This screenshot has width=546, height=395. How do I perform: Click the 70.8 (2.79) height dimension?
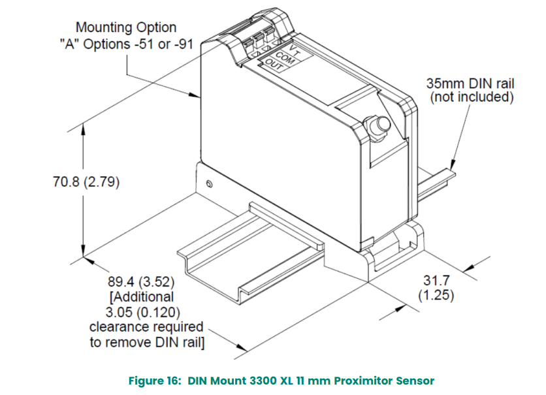[86, 182]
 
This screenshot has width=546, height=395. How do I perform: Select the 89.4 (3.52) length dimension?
[141, 282]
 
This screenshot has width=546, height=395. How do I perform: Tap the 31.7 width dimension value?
[436, 280]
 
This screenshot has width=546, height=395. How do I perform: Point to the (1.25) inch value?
[436, 294]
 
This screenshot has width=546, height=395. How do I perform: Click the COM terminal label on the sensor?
[285, 57]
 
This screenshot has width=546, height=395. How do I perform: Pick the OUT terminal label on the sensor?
[274, 65]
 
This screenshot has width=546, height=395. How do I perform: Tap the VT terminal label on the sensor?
[295, 50]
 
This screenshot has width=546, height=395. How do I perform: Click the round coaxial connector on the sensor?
[376, 127]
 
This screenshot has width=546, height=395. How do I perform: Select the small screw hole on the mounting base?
[209, 183]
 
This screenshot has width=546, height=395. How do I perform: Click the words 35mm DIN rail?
[470, 84]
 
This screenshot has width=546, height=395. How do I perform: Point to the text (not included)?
[472, 97]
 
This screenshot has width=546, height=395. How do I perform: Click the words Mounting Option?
[126, 27]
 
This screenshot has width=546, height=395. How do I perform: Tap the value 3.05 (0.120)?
[143, 312]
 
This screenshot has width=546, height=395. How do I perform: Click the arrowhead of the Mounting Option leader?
[195, 95]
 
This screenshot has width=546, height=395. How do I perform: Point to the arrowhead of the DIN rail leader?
[452, 165]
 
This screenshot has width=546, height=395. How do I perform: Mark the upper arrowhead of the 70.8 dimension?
[83, 129]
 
